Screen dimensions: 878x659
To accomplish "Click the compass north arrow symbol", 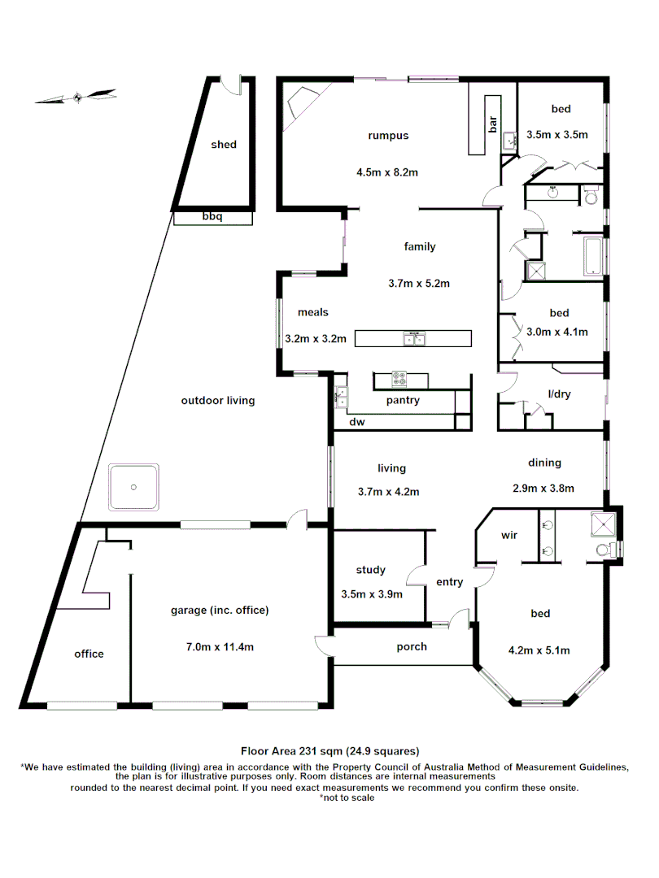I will click(x=76, y=97).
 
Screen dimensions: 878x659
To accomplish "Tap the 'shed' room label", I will click(x=224, y=145).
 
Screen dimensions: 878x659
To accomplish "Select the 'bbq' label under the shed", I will click(x=212, y=218).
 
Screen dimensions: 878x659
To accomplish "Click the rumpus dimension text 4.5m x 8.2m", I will click(x=387, y=172).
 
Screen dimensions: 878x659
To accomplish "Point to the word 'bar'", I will click(x=492, y=124).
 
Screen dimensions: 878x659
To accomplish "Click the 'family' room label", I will click(x=420, y=247).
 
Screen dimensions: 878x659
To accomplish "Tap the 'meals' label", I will click(x=313, y=312).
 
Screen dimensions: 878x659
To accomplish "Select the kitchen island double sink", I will click(x=413, y=337).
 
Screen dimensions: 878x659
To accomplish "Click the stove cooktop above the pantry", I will click(x=399, y=379).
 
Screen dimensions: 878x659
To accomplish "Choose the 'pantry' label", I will click(x=403, y=400).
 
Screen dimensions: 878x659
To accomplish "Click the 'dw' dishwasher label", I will click(x=356, y=423).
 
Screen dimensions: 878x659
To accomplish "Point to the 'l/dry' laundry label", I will click(x=560, y=394).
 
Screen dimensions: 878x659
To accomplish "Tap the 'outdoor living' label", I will click(x=218, y=401).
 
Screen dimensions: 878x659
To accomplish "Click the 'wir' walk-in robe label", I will click(x=509, y=536).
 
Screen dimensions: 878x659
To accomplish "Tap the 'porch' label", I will click(x=412, y=647).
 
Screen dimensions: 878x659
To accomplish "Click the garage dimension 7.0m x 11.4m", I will click(x=220, y=647).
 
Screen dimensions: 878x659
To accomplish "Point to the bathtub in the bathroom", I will click(x=591, y=254).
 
